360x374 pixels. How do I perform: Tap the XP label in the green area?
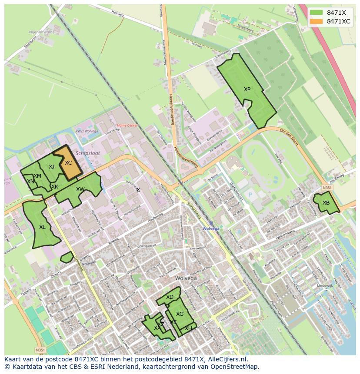tap(247, 89)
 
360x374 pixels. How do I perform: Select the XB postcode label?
tap(326, 203)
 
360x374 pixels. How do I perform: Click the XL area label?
tap(42, 227)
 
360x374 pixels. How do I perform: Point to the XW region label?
tap(80, 189)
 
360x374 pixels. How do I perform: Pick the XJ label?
tap(51, 167)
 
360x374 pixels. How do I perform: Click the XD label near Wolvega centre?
tap(170, 297)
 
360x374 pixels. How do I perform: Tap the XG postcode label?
tap(180, 314)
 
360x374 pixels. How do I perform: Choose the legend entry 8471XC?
tap(338, 21)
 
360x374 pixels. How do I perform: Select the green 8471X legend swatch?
tap(317, 13)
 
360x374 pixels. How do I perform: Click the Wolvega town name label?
tap(186, 278)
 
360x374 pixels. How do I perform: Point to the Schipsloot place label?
tap(87, 153)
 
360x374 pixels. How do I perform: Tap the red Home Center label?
tap(127, 126)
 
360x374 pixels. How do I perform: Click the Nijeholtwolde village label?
tap(41, 32)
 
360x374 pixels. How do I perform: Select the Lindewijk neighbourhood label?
tap(325, 285)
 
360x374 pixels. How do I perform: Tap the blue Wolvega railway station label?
tap(211, 228)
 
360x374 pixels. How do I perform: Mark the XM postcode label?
tap(37, 175)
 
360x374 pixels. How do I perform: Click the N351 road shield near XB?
tap(327, 188)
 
